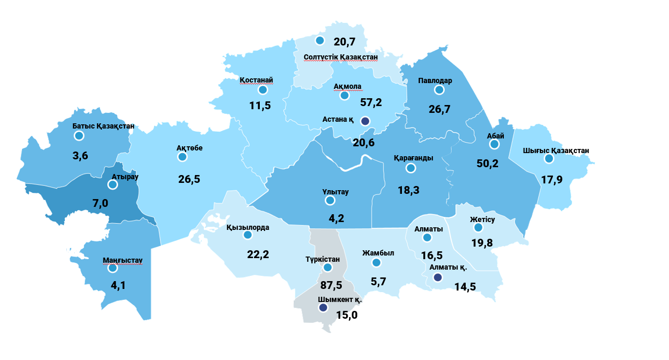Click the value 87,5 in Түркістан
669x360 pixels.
pos(331,285)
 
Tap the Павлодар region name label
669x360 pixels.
pos(435,80)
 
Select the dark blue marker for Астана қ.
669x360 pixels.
pos(365,121)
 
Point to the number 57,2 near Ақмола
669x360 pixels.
pos(371,102)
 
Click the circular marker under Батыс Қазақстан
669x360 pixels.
pos(79,136)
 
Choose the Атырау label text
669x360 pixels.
pos(125,176)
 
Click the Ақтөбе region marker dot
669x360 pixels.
pos(182,157)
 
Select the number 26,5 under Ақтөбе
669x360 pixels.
pos(189,179)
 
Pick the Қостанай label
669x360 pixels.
pos(257,79)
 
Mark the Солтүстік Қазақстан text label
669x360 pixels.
pos(340,56)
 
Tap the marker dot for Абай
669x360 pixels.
pos(494,144)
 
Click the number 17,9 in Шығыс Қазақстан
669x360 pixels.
pos(552,180)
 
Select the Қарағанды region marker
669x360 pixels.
pos(411,168)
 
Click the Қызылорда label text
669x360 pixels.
pos(248,227)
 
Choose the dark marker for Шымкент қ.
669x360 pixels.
pos(324,308)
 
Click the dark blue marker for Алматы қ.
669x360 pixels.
pos(438,277)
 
